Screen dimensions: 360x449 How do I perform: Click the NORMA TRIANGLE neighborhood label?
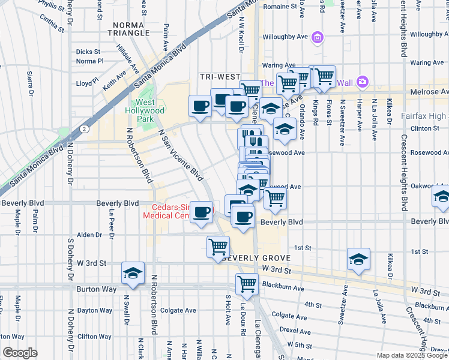(x=130, y=28)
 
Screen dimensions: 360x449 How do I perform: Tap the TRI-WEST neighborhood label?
(x=220, y=77)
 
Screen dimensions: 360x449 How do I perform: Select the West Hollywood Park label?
(x=145, y=110)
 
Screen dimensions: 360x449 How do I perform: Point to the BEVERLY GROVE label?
(x=257, y=258)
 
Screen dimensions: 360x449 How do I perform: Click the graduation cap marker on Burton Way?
(x=132, y=273)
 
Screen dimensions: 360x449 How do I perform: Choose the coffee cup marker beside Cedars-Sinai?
(x=202, y=212)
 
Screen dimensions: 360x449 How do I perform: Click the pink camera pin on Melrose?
(x=362, y=81)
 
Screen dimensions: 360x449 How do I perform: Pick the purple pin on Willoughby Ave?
(x=318, y=38)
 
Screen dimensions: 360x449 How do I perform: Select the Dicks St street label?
(x=88, y=52)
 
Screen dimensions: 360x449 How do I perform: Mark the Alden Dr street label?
(x=89, y=235)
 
